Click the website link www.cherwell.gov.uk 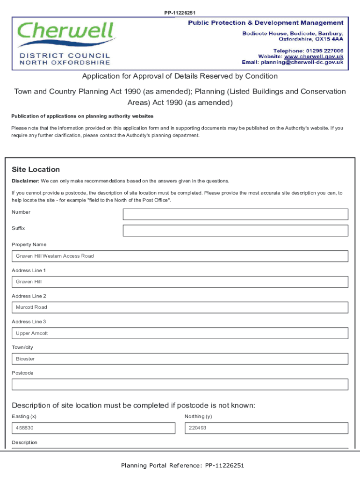[x=314, y=56]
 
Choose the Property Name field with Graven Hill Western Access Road [x=180, y=256]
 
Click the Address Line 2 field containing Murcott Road [x=180, y=307]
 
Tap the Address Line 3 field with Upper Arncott [x=180, y=333]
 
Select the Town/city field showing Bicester [x=180, y=359]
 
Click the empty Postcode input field [x=180, y=385]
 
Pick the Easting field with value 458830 [x=93, y=428]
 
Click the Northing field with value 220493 [x=266, y=428]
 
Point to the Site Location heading [x=36, y=169]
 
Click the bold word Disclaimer [x=25, y=181]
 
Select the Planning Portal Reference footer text [x=182, y=465]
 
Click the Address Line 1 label [x=29, y=270]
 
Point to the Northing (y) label [x=198, y=416]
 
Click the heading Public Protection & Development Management [x=266, y=23]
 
